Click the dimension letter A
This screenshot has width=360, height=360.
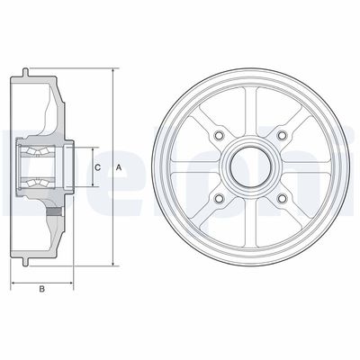(x=118, y=166)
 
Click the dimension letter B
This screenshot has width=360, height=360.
(x=41, y=289)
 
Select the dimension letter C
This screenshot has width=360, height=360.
(x=96, y=166)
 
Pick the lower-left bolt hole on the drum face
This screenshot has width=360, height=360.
(x=218, y=199)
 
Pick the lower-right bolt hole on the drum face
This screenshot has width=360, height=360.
(x=282, y=199)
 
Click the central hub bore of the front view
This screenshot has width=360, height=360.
(x=249, y=166)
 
